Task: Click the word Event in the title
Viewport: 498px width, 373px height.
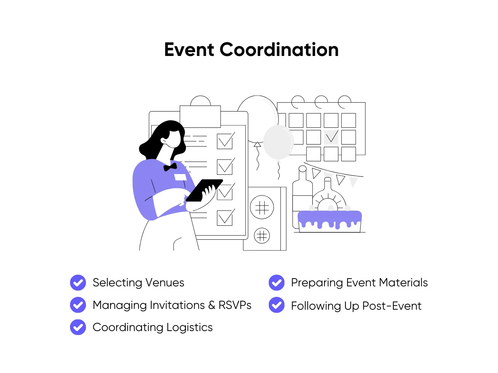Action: tap(189, 50)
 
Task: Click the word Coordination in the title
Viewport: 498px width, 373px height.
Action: tap(279, 50)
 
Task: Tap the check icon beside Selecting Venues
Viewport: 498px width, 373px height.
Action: tap(78, 282)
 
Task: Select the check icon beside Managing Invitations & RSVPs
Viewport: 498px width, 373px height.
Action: tap(78, 305)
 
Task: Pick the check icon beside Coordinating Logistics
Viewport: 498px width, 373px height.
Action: tap(78, 327)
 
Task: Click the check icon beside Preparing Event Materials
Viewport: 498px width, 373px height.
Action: tap(277, 282)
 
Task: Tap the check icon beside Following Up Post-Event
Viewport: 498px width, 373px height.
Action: tap(277, 305)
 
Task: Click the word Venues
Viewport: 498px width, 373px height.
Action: tap(165, 282)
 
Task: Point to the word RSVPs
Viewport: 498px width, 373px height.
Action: tap(235, 305)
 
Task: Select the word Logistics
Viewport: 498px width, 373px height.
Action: tap(189, 328)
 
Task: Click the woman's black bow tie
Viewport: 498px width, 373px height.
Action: tap(170, 167)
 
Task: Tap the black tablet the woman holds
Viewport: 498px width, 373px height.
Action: tap(203, 190)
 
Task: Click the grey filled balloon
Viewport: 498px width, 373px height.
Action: tap(278, 142)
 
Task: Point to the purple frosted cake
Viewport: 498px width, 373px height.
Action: tap(330, 221)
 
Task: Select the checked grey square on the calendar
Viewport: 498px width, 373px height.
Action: tap(331, 137)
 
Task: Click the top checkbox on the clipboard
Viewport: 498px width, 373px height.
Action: tap(225, 141)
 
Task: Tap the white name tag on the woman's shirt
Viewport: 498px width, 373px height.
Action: tap(181, 177)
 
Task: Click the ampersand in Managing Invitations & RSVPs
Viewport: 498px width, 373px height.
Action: tap(212, 305)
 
